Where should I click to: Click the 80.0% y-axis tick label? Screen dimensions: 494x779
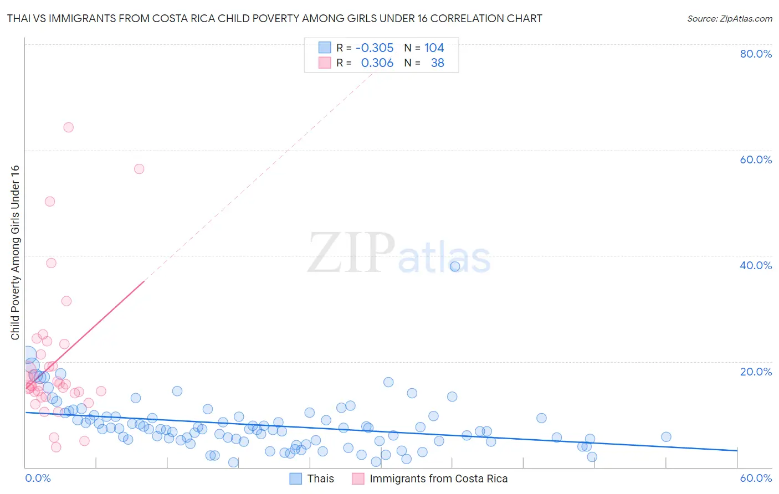click(756, 54)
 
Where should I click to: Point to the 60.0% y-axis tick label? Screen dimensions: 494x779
click(756, 159)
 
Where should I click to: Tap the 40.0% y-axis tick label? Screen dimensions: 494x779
click(756, 265)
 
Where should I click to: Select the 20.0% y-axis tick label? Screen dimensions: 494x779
click(756, 371)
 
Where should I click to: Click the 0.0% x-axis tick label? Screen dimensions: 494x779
click(38, 478)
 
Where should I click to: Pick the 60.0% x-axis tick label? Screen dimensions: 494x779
click(756, 478)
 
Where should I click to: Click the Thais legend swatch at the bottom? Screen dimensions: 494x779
click(296, 478)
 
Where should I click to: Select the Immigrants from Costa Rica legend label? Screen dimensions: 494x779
click(438, 478)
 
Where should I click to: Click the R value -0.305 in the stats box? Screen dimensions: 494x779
click(375, 48)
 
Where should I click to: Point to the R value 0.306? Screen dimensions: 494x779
click(377, 63)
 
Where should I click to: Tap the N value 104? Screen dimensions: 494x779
click(434, 48)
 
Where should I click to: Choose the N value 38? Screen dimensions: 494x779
click(437, 63)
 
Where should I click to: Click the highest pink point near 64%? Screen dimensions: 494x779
click(68, 127)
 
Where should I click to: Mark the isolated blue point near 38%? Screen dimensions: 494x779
click(455, 266)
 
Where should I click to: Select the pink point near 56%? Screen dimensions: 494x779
click(139, 169)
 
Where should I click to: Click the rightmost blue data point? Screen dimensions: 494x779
click(666, 437)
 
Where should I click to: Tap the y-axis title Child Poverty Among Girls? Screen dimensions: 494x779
click(15, 253)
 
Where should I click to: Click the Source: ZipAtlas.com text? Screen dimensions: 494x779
click(729, 19)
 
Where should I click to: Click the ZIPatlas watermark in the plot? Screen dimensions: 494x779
click(399, 254)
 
